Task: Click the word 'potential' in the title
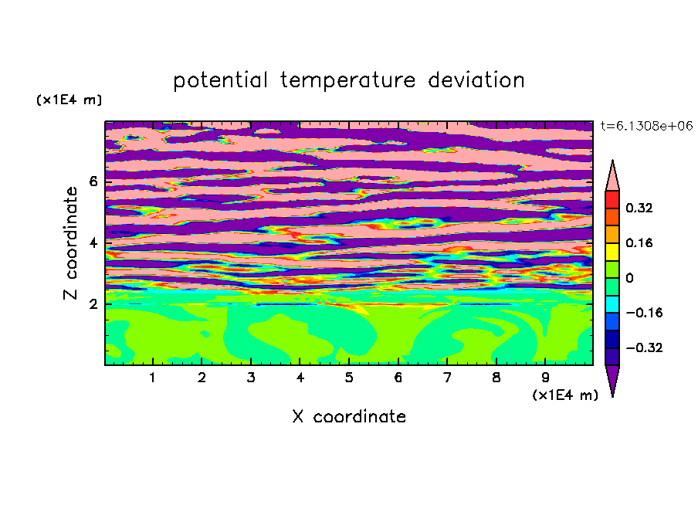click(220, 81)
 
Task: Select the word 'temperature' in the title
click(347, 81)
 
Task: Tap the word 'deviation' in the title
click(476, 80)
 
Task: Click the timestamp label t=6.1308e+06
click(646, 126)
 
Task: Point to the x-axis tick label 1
click(153, 378)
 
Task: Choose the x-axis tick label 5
click(349, 378)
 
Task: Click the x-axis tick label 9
click(545, 378)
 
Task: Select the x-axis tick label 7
click(447, 378)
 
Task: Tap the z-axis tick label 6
click(93, 181)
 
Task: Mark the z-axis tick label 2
click(93, 304)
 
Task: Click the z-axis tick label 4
click(93, 243)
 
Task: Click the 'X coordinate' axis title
click(349, 416)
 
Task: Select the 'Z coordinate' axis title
click(70, 243)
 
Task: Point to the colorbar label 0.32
click(639, 208)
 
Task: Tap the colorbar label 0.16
click(639, 242)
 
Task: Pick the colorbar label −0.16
click(644, 313)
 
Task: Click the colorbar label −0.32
click(644, 347)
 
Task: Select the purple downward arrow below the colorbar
click(612, 378)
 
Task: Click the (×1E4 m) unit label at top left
click(69, 100)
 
